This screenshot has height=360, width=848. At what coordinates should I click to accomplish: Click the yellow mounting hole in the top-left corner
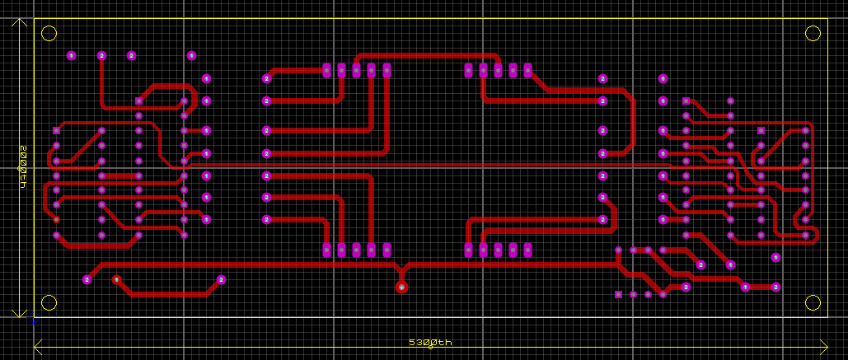coord(49,34)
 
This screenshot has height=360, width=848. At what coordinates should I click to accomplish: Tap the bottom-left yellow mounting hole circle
coord(49,302)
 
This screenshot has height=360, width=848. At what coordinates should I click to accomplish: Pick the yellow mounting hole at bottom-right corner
coord(813,302)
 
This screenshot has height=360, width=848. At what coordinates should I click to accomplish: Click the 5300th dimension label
coord(430,343)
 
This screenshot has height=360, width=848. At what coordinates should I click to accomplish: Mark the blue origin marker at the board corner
coord(34,317)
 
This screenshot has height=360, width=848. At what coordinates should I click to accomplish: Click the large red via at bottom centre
coord(401,287)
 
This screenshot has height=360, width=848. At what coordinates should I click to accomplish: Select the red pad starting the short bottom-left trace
coord(116,279)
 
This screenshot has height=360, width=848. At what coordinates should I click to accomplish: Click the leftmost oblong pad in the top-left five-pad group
coord(327,71)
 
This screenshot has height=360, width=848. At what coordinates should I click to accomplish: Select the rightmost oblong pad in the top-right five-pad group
coord(527,71)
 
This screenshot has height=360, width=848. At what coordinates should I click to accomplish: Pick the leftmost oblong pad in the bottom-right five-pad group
coord(469,250)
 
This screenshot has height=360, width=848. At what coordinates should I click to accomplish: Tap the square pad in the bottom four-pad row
coord(619,294)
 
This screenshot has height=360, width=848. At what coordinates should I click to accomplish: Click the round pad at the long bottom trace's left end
coord(87,280)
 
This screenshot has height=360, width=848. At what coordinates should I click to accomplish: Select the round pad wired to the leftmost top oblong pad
coord(267,78)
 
